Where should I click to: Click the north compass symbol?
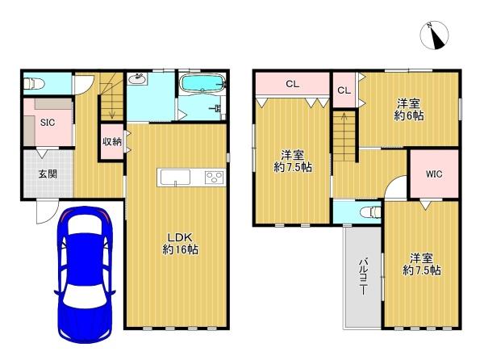[434, 36]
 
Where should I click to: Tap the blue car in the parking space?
[85, 274]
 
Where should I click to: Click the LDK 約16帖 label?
[180, 243]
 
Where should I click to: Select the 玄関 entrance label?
[48, 174]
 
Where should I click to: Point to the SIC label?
[48, 123]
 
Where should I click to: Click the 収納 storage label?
[112, 142]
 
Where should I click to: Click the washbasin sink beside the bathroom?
[138, 79]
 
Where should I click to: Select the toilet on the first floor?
[34, 83]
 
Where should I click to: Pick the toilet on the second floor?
[370, 212]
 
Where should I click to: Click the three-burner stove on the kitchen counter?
[215, 178]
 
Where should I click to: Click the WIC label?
[434, 174]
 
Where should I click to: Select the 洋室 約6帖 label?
[409, 109]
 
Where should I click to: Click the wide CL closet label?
[292, 84]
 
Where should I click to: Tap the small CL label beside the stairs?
[344, 90]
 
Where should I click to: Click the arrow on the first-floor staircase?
[112, 107]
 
